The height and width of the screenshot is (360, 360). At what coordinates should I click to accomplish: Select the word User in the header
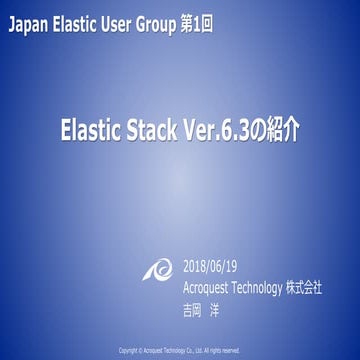tap(124, 20)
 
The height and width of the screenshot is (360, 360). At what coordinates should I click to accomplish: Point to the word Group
tap(166, 20)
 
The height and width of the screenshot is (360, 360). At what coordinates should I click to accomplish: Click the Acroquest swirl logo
tap(159, 277)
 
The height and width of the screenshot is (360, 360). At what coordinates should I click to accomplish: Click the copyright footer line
tap(180, 350)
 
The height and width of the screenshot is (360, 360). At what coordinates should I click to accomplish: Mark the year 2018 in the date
tap(198, 267)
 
